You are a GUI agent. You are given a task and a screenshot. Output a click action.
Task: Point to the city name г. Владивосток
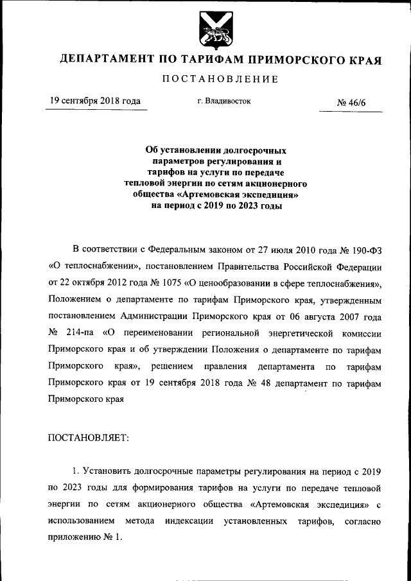click(x=224, y=101)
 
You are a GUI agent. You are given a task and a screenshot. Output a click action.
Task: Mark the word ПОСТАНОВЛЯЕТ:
click(x=89, y=438)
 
